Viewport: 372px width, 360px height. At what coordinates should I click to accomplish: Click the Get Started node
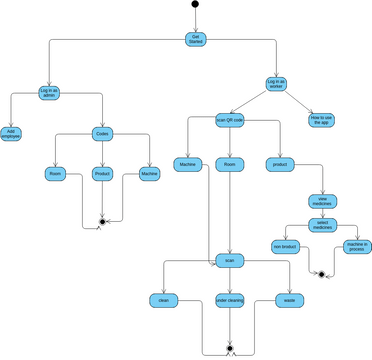(194, 38)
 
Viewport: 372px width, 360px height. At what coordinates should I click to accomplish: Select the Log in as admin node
(49, 93)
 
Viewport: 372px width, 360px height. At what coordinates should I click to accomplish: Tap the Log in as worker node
(276, 84)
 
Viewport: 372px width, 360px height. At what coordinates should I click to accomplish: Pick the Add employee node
(10, 133)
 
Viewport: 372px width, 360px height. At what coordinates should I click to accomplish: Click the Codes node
(102, 133)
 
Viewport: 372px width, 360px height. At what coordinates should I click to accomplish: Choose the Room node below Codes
(55, 173)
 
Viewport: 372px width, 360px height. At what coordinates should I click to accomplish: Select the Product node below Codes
(102, 173)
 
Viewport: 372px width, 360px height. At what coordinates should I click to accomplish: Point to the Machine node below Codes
(149, 173)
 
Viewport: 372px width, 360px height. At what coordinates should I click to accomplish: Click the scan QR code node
(230, 120)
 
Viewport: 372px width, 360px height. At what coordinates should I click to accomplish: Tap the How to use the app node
(321, 120)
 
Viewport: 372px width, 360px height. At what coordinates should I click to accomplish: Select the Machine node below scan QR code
(187, 163)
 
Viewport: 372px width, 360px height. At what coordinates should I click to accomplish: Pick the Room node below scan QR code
(230, 163)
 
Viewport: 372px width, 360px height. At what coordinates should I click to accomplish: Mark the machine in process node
(357, 246)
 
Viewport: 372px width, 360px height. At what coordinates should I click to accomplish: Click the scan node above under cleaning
(229, 260)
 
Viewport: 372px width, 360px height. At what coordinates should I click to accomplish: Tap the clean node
(163, 299)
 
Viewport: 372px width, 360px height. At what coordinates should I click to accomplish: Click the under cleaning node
(229, 299)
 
